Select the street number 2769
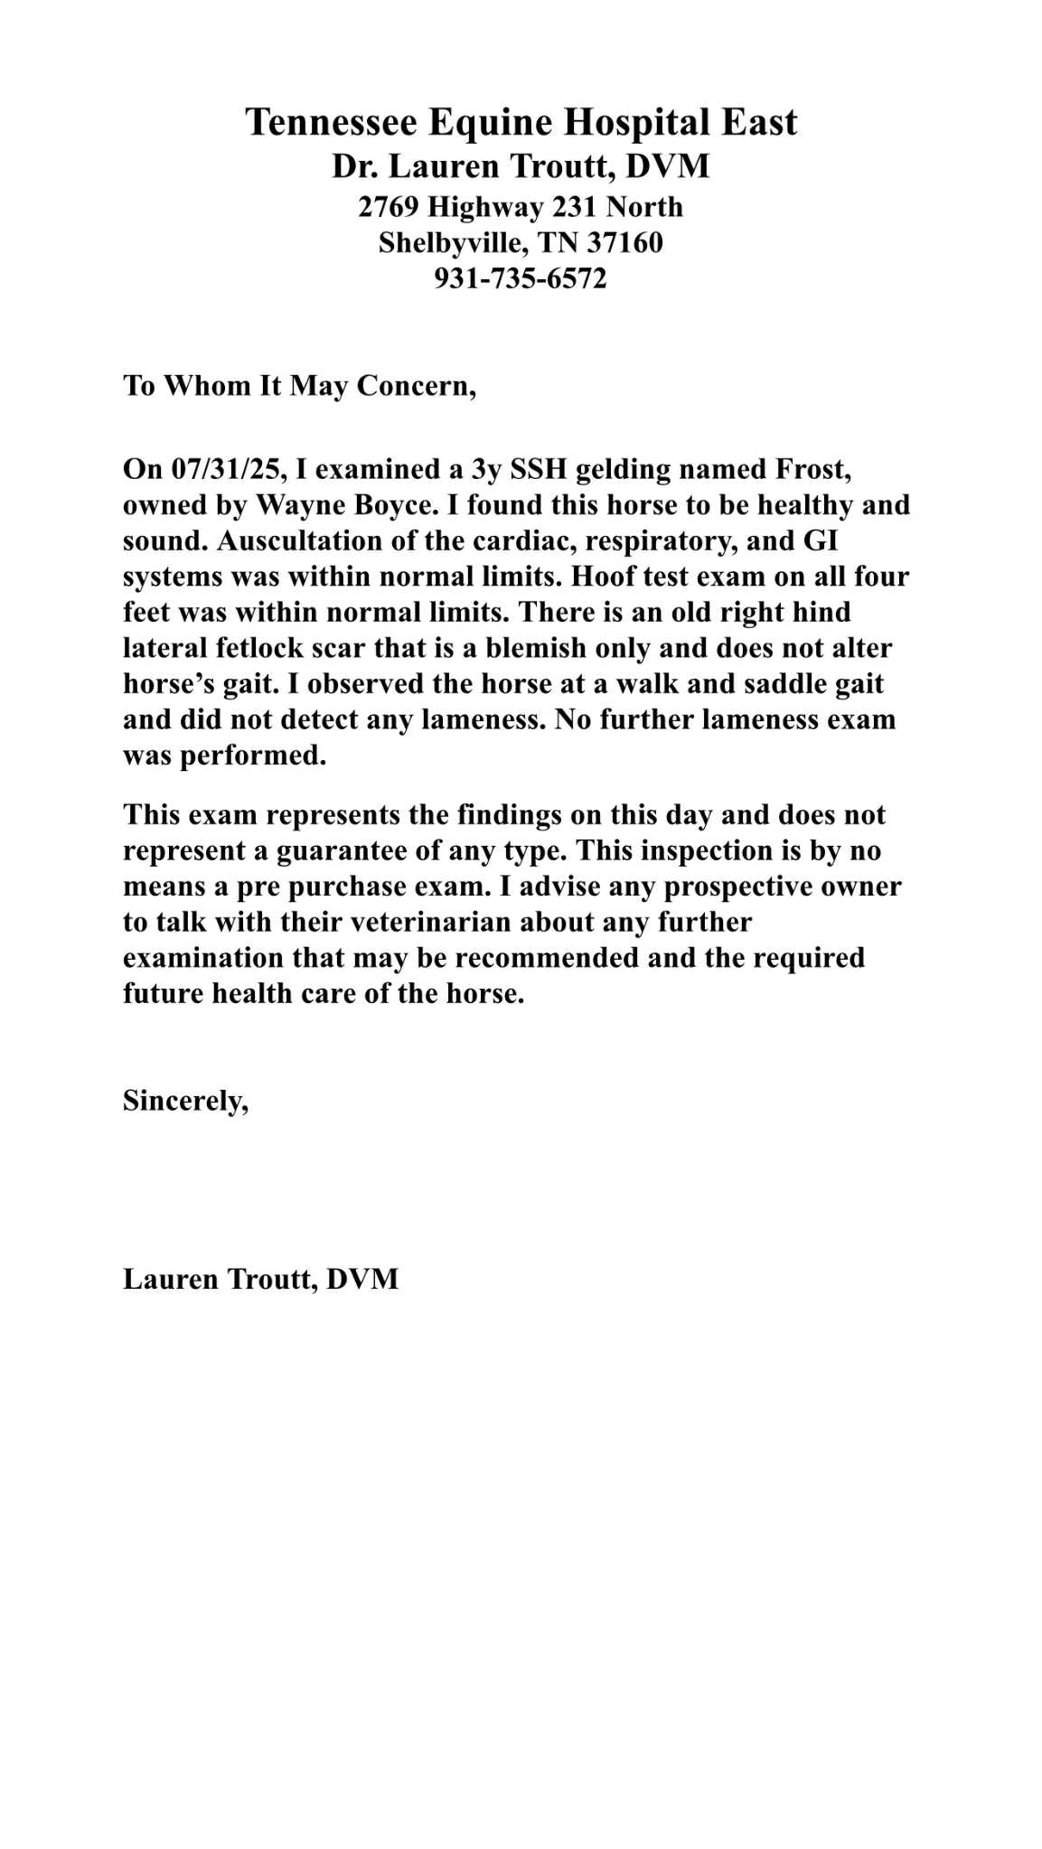(389, 207)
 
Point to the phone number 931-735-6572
(521, 277)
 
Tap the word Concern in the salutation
(414, 386)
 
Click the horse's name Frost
(812, 469)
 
